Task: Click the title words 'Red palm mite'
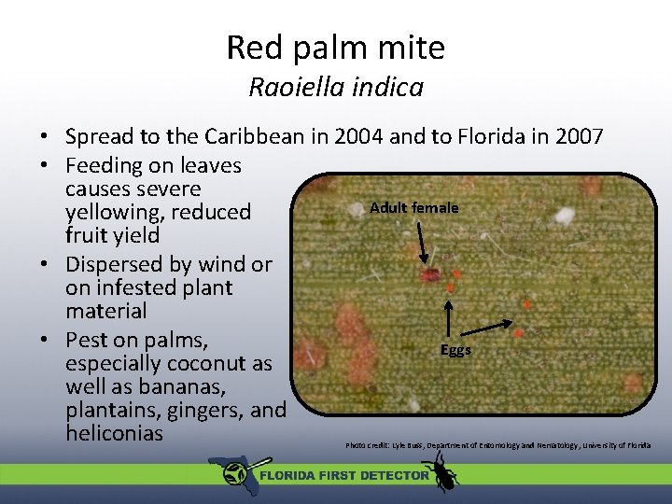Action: (x=336, y=47)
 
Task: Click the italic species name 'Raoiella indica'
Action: (x=336, y=88)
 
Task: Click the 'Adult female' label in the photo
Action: (x=414, y=207)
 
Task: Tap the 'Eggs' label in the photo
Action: (x=456, y=350)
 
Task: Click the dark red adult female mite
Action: (x=430, y=275)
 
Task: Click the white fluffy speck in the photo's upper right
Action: (x=565, y=217)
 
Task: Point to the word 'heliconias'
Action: (x=114, y=433)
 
